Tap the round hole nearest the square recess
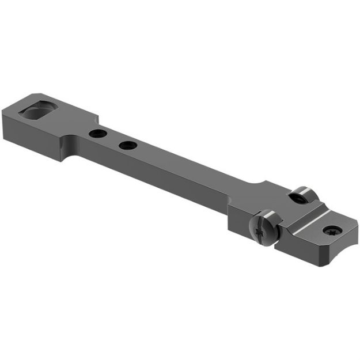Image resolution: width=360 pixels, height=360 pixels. (x=96, y=134)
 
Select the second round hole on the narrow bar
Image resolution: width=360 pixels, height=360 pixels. (x=128, y=145)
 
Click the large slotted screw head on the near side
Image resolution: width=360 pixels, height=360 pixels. (x=266, y=227)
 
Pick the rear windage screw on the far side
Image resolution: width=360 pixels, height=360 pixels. (x=300, y=196)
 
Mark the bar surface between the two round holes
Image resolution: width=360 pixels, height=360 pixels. (x=112, y=139)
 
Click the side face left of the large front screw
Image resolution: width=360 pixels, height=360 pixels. (x=239, y=222)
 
